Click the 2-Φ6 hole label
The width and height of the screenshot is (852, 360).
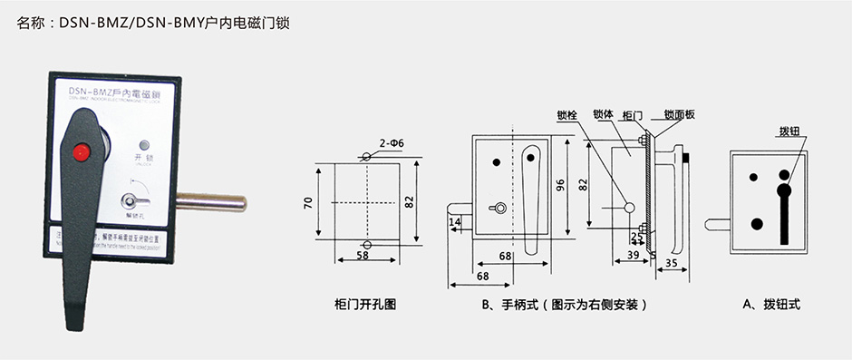pyautogui.click(x=392, y=143)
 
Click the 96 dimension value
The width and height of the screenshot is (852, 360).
pyautogui.click(x=560, y=184)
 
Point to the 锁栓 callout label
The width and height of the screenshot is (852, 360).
pyautogui.click(x=566, y=115)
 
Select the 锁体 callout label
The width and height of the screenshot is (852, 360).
pyautogui.click(x=603, y=115)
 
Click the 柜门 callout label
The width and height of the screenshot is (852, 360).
pyautogui.click(x=634, y=115)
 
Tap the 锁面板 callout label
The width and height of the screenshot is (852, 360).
pyautogui.click(x=679, y=115)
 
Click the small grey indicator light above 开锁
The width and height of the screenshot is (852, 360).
pyautogui.click(x=143, y=144)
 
